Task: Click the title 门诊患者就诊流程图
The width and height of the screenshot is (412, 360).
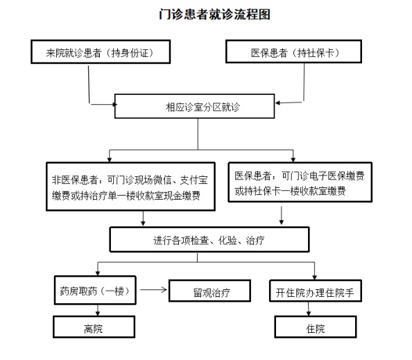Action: (x=215, y=14)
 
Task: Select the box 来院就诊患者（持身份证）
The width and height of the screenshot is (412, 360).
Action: (x=101, y=52)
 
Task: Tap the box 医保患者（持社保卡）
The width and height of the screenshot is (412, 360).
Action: (x=294, y=51)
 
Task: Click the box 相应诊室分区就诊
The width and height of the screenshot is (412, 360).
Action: (x=195, y=106)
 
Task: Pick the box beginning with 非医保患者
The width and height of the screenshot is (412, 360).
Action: (x=130, y=187)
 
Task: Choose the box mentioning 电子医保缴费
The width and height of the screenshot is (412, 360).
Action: (x=300, y=182)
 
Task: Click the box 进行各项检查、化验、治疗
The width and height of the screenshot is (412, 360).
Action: (x=209, y=239)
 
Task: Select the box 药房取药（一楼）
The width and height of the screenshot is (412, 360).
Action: (x=95, y=291)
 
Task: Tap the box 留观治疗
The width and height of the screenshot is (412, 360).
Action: (x=209, y=291)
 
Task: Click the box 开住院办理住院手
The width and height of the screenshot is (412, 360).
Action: (x=316, y=291)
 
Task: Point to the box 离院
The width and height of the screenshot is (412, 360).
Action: (x=94, y=327)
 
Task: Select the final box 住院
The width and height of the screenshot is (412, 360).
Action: (x=316, y=327)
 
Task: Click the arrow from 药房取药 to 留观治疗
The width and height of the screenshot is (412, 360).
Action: (x=153, y=290)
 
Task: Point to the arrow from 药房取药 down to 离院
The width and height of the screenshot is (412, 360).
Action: (x=98, y=310)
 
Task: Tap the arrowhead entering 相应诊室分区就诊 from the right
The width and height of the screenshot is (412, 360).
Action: (x=277, y=103)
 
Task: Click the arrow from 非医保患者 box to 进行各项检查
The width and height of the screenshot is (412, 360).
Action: (x=143, y=218)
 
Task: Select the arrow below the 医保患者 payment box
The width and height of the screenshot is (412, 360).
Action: (x=282, y=216)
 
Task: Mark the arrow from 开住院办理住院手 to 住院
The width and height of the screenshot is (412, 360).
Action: (x=309, y=309)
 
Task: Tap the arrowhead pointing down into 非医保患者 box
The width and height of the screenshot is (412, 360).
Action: (x=110, y=160)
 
